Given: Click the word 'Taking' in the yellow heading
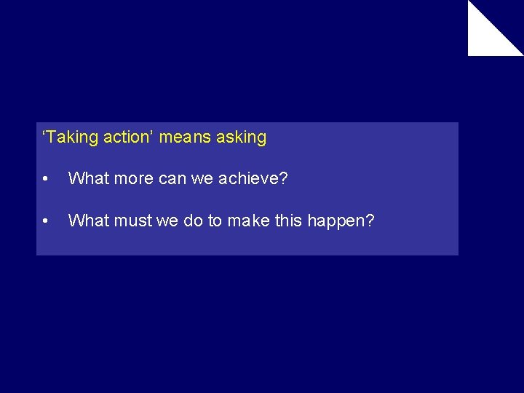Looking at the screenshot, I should click(72, 137).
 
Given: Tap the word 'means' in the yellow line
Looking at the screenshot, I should click(186, 137).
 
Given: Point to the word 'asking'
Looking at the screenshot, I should click(242, 137).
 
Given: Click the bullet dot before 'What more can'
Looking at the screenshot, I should click(45, 179).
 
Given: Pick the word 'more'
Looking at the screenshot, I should click(131, 178).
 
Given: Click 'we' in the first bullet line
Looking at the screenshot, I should click(204, 178).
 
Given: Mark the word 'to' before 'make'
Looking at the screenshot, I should click(215, 221).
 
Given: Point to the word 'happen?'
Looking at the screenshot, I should click(341, 221).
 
